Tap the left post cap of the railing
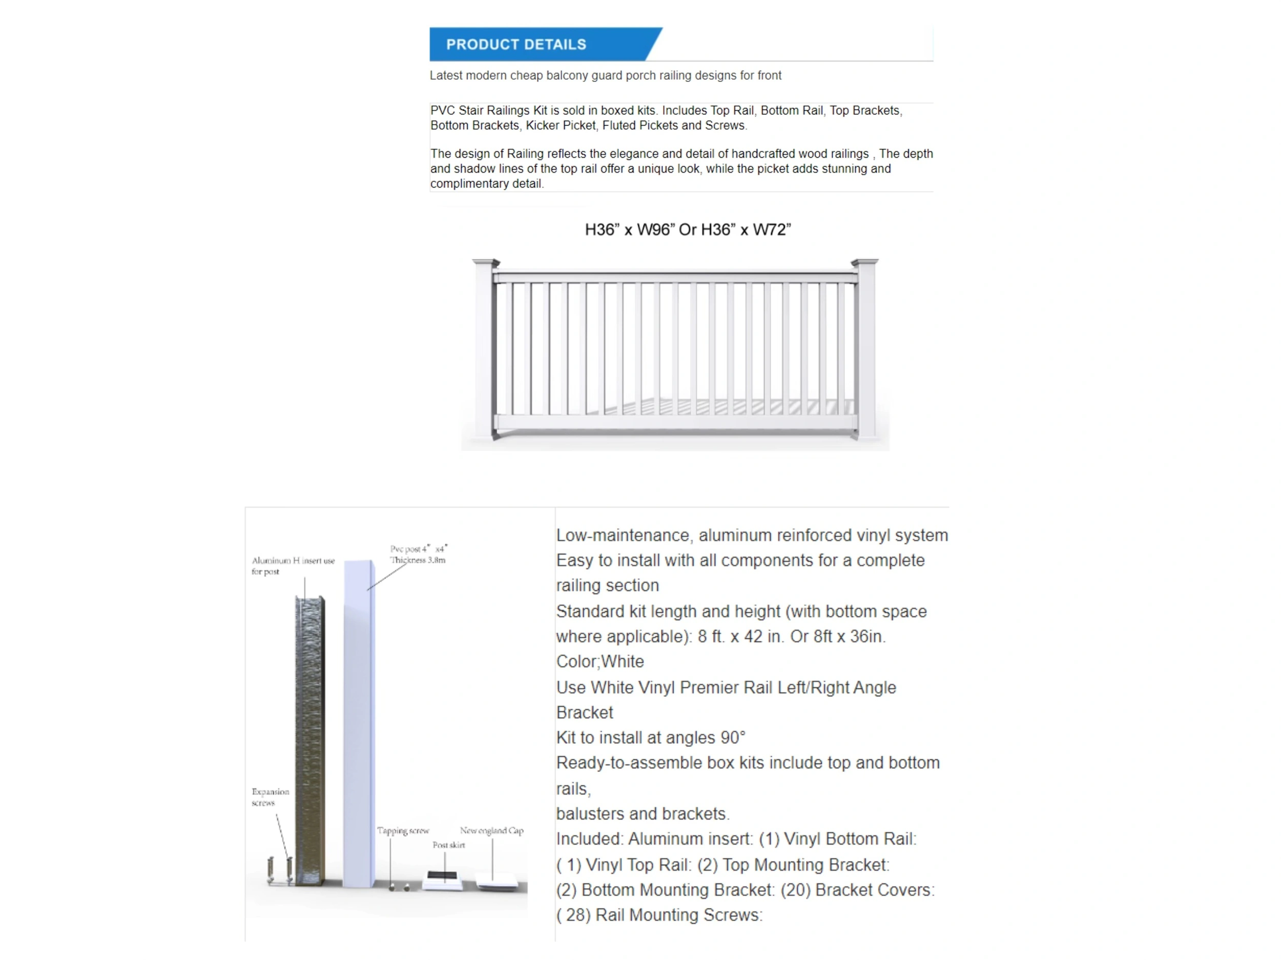[485, 263]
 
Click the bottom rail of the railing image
[675, 423]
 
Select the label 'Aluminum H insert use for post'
[293, 566]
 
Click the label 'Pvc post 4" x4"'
[418, 549]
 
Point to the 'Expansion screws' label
[270, 797]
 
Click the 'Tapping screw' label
[403, 830]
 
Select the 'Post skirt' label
[448, 845]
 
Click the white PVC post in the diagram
[359, 724]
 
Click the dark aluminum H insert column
[309, 741]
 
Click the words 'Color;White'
[600, 661]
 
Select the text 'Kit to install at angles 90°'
[650, 738]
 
